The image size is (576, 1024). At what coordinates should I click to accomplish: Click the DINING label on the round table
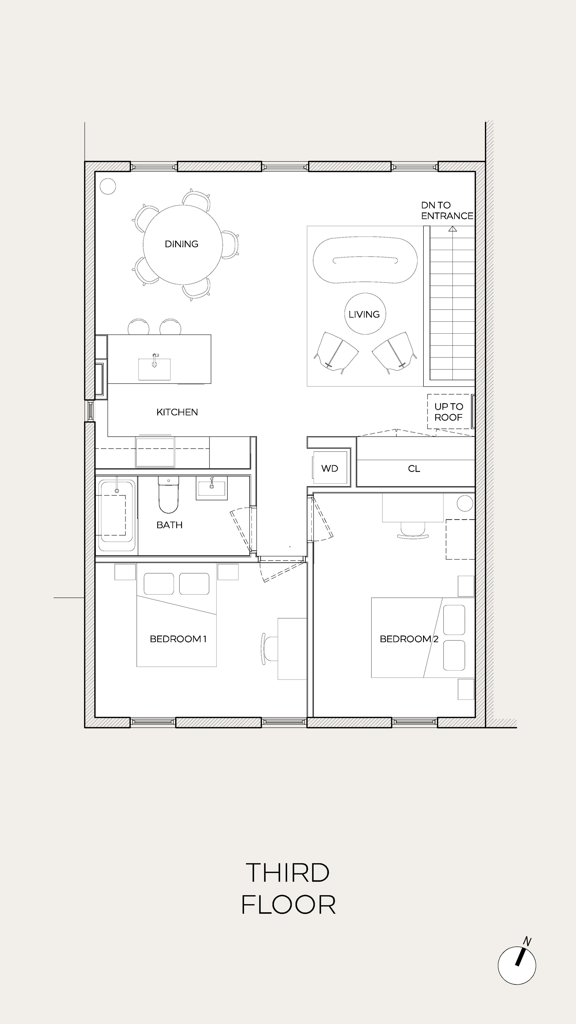[x=181, y=244]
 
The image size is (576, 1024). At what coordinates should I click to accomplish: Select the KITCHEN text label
[x=177, y=412]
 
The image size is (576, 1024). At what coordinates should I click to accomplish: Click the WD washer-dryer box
[x=329, y=468]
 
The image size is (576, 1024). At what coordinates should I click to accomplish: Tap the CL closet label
[x=414, y=469]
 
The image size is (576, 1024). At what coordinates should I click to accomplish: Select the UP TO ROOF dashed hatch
[x=448, y=412]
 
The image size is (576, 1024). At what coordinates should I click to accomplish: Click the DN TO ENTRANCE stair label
[x=447, y=211]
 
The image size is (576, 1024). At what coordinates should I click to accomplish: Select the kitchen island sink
[x=154, y=368]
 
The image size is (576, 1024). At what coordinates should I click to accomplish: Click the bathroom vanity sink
[x=212, y=487]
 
